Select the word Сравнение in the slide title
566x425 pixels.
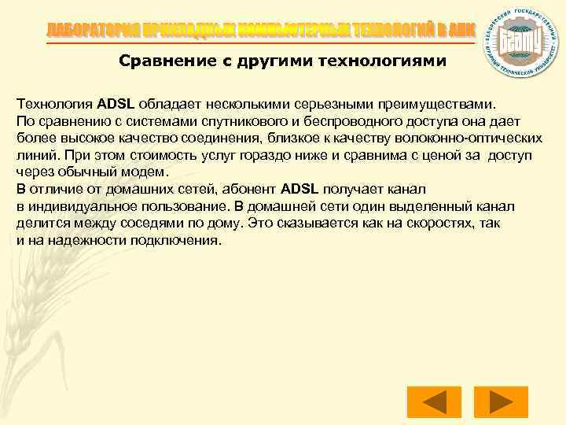pos(160,61)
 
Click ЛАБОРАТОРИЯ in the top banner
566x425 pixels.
pos(91,30)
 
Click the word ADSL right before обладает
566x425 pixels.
pos(118,103)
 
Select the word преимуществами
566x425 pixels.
pos(437,103)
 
